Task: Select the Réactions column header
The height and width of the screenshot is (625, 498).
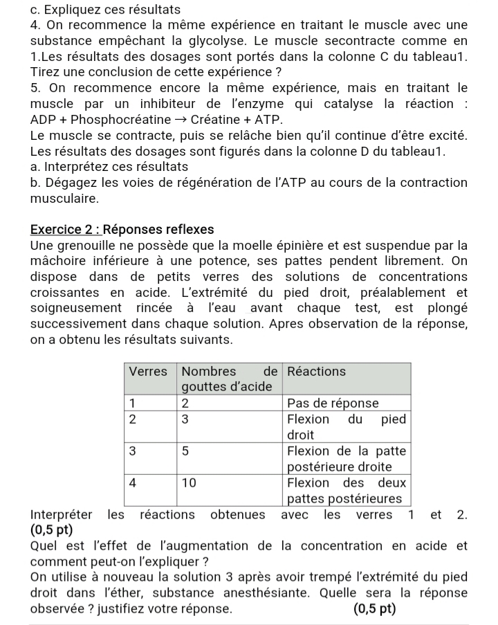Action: coord(316,372)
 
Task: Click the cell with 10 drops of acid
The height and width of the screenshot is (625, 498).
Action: coord(190,482)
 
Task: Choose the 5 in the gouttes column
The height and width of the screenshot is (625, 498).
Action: coord(185,451)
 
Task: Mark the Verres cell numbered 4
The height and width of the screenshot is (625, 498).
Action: coord(133,482)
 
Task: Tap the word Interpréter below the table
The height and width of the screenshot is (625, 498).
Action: coord(63,514)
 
